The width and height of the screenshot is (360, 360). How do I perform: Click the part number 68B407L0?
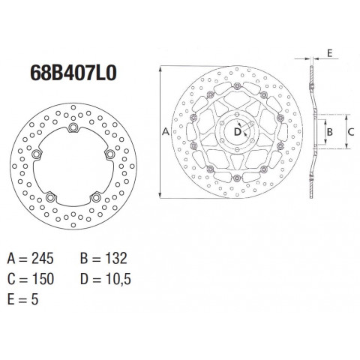73,73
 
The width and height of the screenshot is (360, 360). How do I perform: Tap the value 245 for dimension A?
43,258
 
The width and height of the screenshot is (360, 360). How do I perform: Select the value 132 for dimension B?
116,258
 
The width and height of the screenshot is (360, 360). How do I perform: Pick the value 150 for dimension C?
43,279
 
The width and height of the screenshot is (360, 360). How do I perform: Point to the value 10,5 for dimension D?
118,279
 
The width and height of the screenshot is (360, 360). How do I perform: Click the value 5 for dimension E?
34,299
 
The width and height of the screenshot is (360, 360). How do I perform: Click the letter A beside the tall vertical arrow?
166,131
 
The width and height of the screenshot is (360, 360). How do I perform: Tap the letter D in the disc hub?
237,132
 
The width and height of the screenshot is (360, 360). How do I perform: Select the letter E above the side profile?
330,53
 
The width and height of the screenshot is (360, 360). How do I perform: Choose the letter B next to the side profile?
330,132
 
